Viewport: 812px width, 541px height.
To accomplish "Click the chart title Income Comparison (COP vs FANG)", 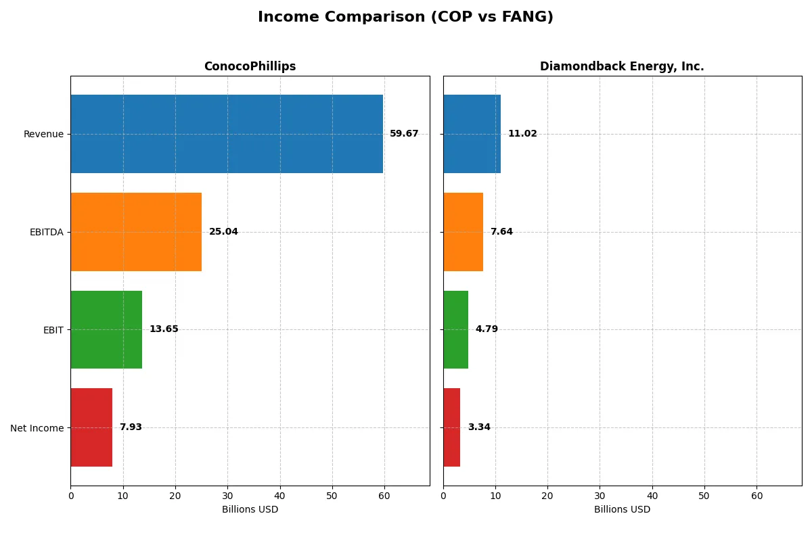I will (x=405, y=18).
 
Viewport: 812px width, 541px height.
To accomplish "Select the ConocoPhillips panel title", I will (x=250, y=66).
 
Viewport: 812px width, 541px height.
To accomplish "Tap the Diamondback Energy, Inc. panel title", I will (x=622, y=66).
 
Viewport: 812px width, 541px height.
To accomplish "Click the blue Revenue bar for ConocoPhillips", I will (x=227, y=134).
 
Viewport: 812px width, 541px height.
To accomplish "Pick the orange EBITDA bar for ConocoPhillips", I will (x=136, y=232).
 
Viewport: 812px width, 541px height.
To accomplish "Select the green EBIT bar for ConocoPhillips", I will (x=106, y=329).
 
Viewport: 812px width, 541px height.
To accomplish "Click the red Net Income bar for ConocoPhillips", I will (x=91, y=427).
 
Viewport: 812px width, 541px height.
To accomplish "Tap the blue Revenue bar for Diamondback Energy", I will (x=472, y=134).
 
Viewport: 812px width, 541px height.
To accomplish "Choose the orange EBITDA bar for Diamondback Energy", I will (x=463, y=232).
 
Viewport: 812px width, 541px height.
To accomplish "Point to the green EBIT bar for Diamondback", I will (x=455, y=329).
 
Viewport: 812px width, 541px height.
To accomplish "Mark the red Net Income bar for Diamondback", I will (x=451, y=427).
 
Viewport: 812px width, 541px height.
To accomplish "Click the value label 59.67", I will (x=404, y=134).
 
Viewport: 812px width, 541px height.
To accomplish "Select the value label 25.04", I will (x=223, y=232).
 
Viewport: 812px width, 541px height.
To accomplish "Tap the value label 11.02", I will (x=522, y=134).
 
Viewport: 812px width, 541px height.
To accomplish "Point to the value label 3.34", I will (x=479, y=427).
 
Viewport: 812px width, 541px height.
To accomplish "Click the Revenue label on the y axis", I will (x=43, y=134).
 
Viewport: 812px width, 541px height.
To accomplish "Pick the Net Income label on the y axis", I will (x=37, y=428).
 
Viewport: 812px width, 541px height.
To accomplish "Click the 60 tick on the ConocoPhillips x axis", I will (x=384, y=496).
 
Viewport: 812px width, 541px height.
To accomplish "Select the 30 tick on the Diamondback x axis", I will (x=600, y=496).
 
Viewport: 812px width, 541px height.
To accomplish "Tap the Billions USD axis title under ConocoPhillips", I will (x=250, y=509).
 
